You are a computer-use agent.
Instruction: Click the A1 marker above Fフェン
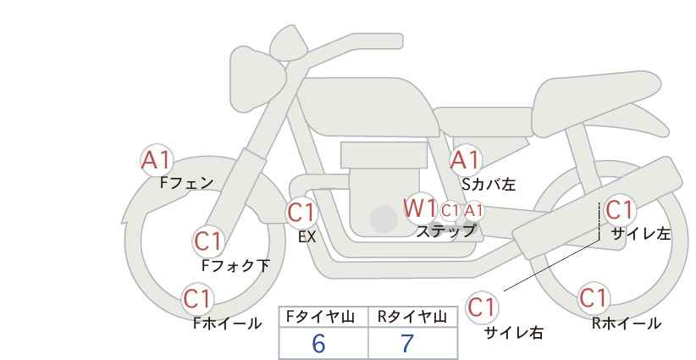click(x=156, y=161)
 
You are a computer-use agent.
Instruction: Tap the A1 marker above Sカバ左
click(x=465, y=161)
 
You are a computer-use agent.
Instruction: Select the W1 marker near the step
click(x=419, y=208)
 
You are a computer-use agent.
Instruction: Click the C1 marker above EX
click(x=301, y=213)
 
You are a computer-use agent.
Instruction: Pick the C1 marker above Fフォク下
click(x=207, y=241)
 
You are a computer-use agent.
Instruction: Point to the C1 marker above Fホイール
click(x=197, y=299)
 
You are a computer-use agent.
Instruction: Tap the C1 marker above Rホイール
click(x=593, y=298)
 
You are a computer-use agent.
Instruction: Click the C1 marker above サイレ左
click(x=619, y=209)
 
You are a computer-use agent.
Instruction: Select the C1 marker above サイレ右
click(x=482, y=307)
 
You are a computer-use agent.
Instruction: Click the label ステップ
click(x=445, y=231)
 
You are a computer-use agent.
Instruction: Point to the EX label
click(x=307, y=237)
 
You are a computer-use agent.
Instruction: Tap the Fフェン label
click(x=187, y=182)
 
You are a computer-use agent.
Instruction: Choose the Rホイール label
click(x=627, y=324)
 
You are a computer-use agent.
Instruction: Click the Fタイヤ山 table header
click(x=320, y=317)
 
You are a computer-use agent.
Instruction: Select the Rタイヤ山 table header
click(x=412, y=317)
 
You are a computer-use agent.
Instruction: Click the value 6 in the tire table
click(x=318, y=343)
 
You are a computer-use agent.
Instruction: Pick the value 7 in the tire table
click(x=407, y=343)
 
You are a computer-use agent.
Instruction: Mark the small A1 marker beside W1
click(x=473, y=211)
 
